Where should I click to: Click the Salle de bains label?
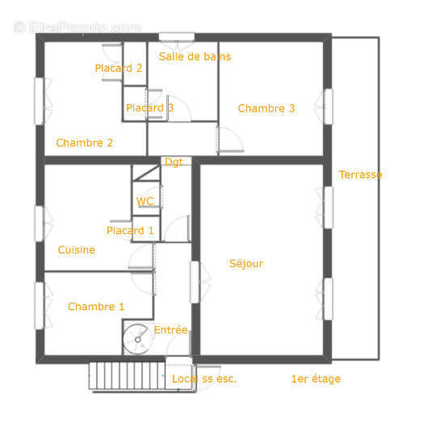click(x=195, y=57)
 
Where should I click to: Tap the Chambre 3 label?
click(x=266, y=108)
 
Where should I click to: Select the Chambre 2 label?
click(x=84, y=143)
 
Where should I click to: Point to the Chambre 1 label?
click(x=96, y=307)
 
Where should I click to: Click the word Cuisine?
click(x=77, y=249)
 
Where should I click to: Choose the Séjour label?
click(x=246, y=263)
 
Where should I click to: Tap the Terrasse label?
click(x=360, y=174)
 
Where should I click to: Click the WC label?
click(x=145, y=201)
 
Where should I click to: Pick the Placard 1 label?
click(x=130, y=231)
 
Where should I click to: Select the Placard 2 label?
click(x=119, y=68)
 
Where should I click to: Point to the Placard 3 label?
click(x=150, y=107)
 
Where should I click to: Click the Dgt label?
click(x=174, y=162)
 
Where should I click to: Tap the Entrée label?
click(x=170, y=329)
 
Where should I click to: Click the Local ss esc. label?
click(x=204, y=379)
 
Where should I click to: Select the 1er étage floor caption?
click(x=316, y=379)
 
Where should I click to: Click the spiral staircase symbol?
click(x=136, y=339)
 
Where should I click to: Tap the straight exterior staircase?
click(x=128, y=375)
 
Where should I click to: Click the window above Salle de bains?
click(x=177, y=37)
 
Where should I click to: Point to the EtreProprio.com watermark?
click(x=77, y=27)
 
